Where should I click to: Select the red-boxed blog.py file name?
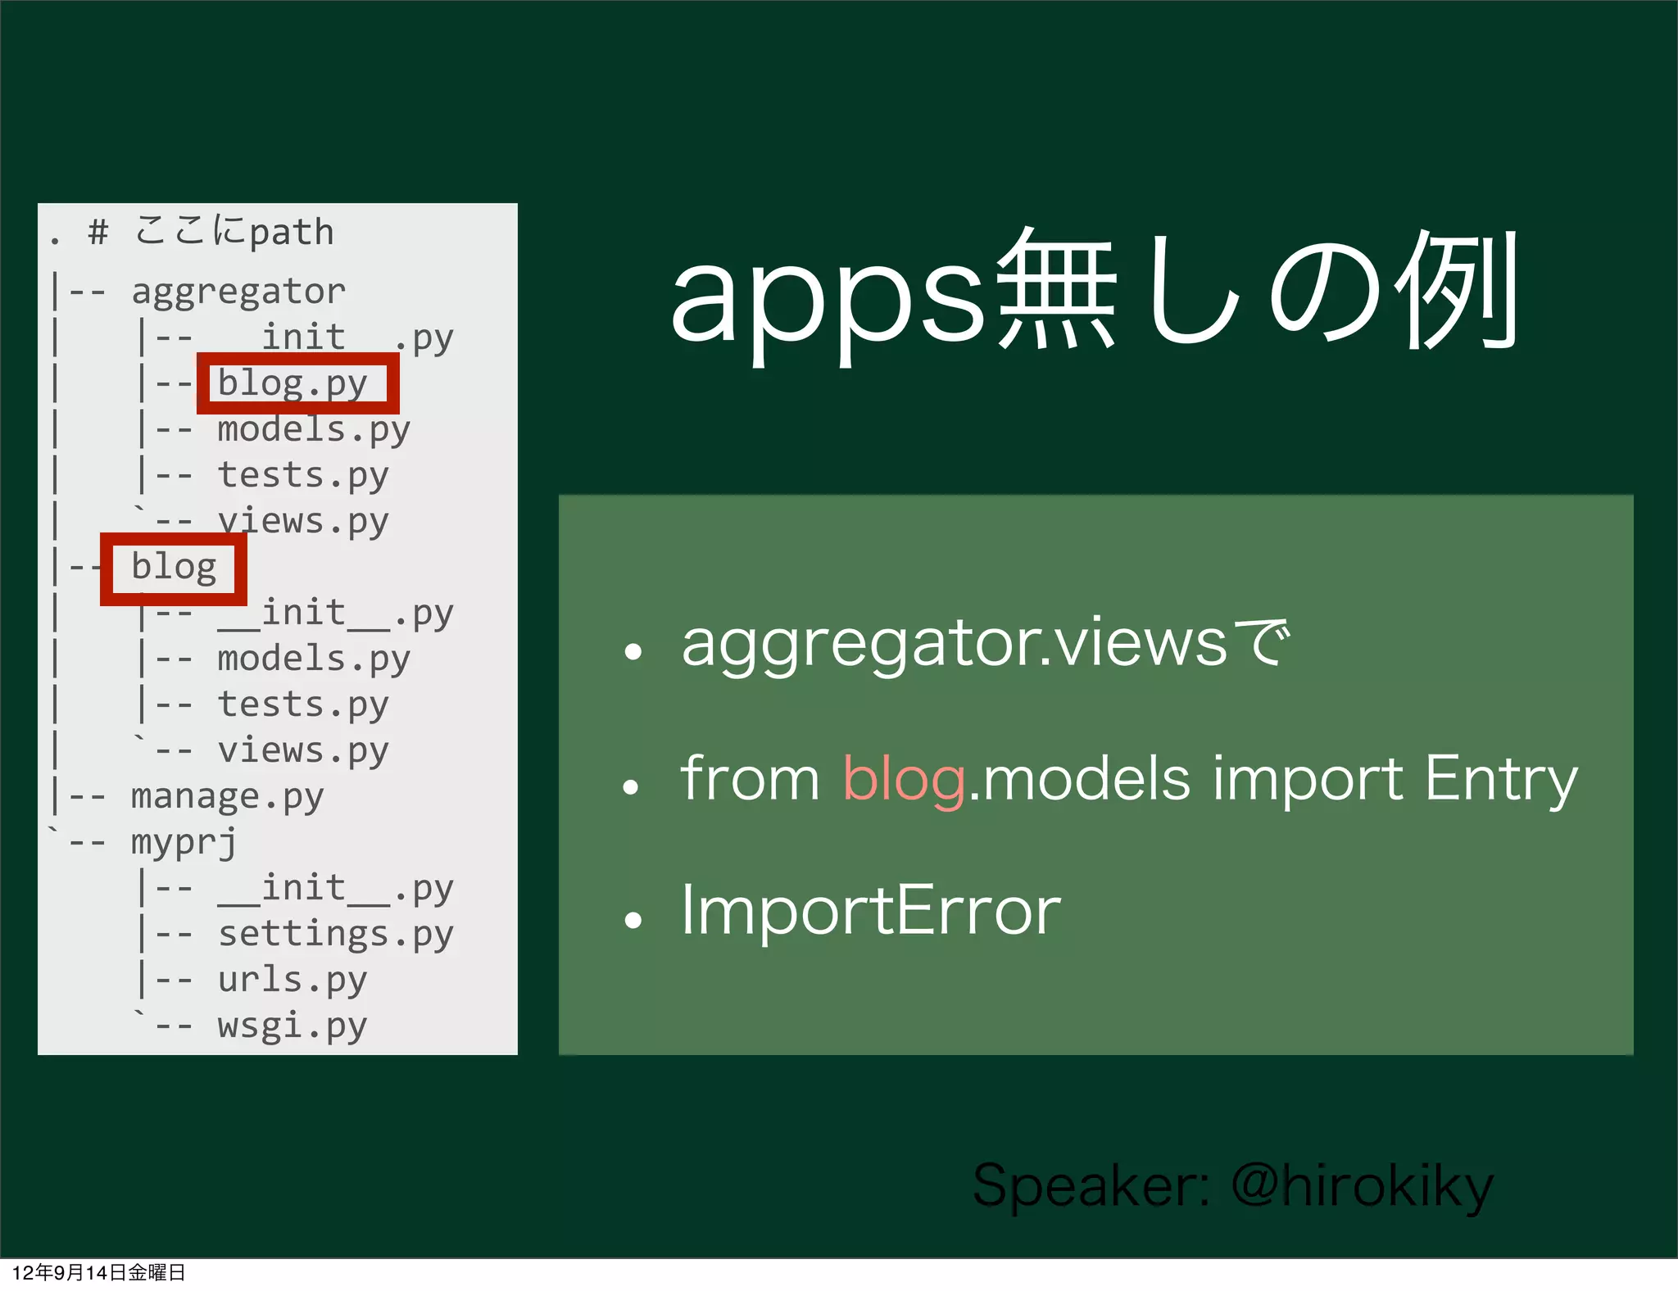tap(293, 383)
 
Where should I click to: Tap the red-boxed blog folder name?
tap(174, 567)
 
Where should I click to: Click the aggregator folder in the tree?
tap(238, 292)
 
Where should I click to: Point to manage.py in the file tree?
tap(227, 796)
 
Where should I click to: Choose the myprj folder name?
tap(184, 842)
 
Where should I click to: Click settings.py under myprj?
tap(335, 934)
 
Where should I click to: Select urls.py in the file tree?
tap(292, 980)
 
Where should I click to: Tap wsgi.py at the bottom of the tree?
tap(292, 1026)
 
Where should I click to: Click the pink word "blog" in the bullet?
tap(904, 778)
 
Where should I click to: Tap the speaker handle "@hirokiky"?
tap(1363, 1185)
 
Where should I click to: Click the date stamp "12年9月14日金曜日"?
tap(98, 1272)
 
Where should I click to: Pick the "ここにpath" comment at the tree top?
tap(234, 232)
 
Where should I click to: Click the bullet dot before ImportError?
tap(632, 920)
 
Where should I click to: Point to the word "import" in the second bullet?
tap(1308, 778)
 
